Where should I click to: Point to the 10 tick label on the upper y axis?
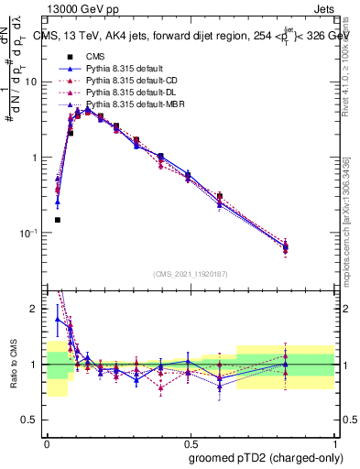[34, 82]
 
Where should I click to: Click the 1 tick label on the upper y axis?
[38, 158]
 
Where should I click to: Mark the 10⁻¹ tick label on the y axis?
[31, 233]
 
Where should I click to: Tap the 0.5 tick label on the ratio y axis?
[33, 420]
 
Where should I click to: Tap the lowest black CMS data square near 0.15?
[57, 220]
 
